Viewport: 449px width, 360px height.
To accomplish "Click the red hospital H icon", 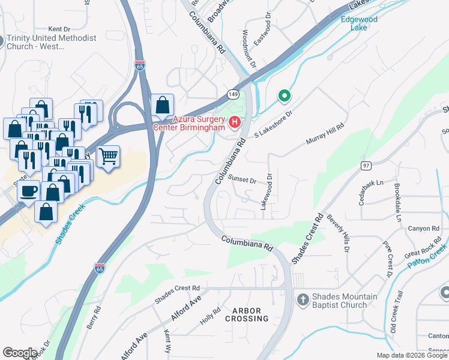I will pyautogui.click(x=235, y=123).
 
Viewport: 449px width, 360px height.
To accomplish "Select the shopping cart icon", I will pyautogui.click(x=108, y=157).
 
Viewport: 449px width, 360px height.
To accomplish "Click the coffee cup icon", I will pyautogui.click(x=28, y=191).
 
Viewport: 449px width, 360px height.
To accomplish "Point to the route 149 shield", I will pyautogui.click(x=233, y=94).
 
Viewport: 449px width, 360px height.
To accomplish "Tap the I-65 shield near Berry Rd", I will pyautogui.click(x=99, y=266).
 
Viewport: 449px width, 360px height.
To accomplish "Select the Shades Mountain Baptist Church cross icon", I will pyautogui.click(x=304, y=299).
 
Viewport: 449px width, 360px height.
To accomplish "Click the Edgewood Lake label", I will pyautogui.click(x=358, y=23).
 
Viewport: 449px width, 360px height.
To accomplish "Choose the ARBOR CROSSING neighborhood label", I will pyautogui.click(x=247, y=314).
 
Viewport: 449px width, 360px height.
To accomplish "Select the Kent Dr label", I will pyautogui.click(x=59, y=29).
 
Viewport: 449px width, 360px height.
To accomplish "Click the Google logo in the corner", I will pyautogui.click(x=20, y=353).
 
